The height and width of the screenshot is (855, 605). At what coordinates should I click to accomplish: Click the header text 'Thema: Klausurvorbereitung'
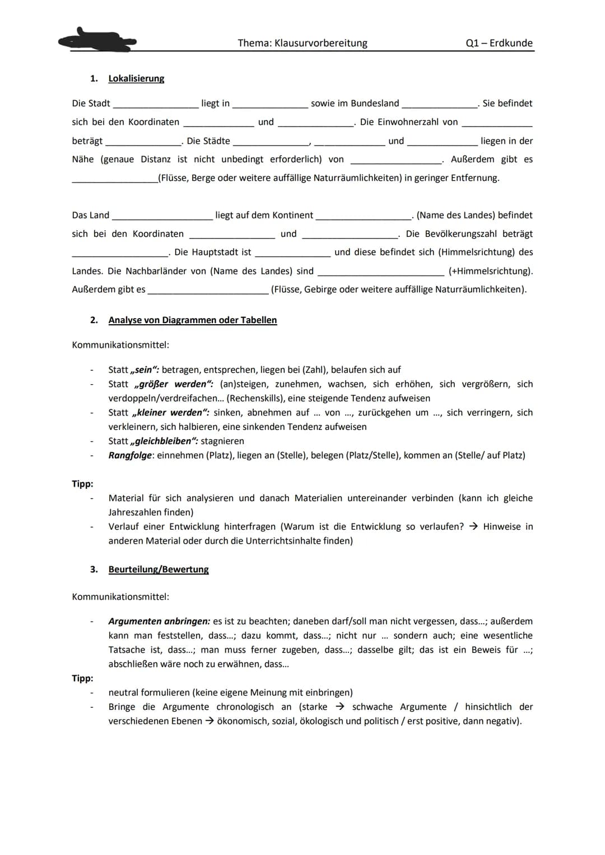click(302, 43)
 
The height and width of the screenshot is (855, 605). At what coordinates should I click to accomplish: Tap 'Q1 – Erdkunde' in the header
click(499, 43)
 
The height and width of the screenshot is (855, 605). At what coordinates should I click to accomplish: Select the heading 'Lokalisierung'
click(136, 78)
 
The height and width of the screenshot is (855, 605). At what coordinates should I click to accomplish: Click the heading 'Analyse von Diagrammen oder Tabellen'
click(192, 320)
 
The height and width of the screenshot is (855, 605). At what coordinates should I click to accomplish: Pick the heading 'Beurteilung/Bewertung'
click(159, 569)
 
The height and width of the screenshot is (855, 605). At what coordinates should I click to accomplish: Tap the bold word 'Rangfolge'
click(130, 455)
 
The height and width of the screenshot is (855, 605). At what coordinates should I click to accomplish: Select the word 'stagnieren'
click(222, 441)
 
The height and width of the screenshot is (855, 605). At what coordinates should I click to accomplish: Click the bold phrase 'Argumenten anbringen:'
click(160, 621)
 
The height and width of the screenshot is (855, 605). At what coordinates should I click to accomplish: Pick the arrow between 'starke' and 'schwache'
click(339, 707)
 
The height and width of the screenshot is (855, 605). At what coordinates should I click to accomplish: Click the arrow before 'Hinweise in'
click(473, 526)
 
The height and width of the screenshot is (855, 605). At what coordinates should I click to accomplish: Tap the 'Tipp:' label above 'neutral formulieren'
click(82, 678)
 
